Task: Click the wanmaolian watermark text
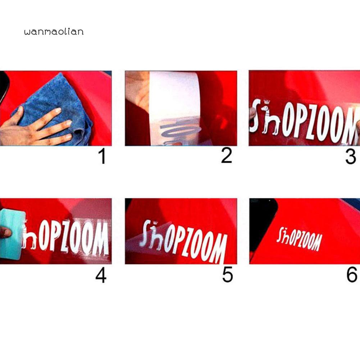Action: [54, 32]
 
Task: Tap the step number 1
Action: [102, 157]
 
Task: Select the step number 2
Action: [227, 156]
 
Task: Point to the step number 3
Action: [350, 157]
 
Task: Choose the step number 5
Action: [227, 275]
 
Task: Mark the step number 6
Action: [351, 275]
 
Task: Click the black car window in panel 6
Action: [263, 223]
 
